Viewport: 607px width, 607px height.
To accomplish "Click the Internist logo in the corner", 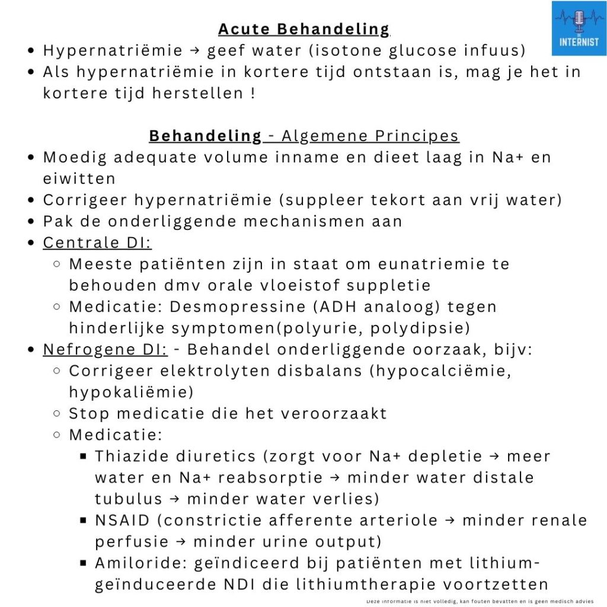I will (579, 28).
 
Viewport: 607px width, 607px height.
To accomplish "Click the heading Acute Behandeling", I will (303, 29).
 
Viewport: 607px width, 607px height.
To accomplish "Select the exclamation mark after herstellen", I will (253, 93).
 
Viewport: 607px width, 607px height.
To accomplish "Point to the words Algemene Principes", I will (370, 136).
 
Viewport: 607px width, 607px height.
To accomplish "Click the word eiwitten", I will (79, 178).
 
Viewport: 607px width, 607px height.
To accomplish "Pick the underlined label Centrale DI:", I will (97, 242).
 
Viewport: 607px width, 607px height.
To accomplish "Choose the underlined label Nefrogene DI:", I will (106, 349).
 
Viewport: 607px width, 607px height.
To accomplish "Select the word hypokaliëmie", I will (131, 392).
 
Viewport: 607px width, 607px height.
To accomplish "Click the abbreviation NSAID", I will (123, 520).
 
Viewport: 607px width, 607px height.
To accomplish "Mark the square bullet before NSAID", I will (83, 520).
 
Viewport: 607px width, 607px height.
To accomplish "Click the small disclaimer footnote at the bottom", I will (480, 600).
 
